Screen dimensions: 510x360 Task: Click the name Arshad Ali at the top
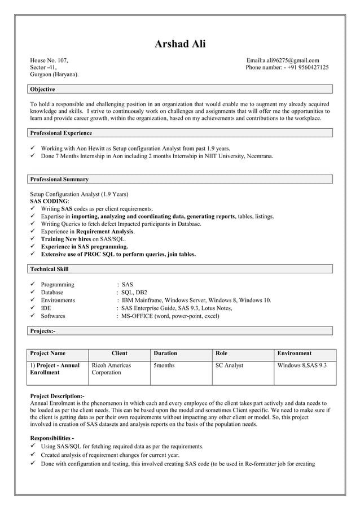click(180, 44)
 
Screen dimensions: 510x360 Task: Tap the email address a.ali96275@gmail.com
click(283, 60)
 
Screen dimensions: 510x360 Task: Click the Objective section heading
click(42, 89)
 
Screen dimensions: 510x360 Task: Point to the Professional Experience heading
click(61, 133)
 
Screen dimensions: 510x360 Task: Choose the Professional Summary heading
click(59, 179)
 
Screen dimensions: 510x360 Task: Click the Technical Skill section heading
click(49, 269)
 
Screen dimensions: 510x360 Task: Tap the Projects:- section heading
click(43, 330)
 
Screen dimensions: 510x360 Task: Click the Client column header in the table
click(120, 353)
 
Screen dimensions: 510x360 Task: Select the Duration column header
click(165, 353)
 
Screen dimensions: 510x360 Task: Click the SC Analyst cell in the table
click(230, 365)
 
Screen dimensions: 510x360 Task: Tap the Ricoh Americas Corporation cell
click(111, 369)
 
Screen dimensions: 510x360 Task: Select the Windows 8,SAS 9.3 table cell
click(302, 365)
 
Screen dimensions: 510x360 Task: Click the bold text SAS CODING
click(49, 201)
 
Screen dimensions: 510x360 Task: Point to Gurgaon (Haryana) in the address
click(54, 74)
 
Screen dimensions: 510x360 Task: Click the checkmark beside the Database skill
click(33, 292)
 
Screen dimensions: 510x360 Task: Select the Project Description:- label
click(57, 396)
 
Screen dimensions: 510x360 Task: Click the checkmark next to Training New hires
click(33, 239)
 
